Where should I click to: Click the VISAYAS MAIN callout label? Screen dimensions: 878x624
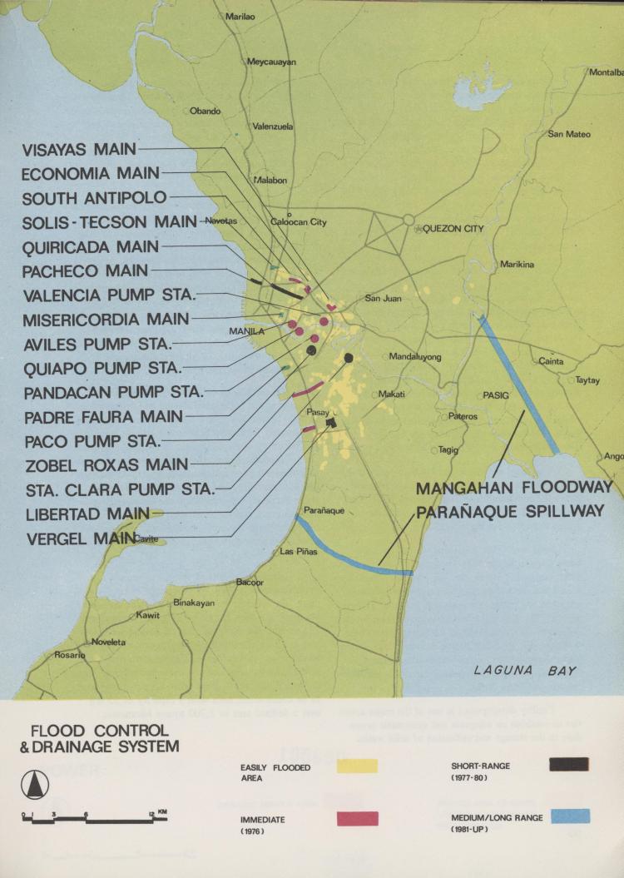[79, 150]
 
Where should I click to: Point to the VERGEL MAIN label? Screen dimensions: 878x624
[81, 538]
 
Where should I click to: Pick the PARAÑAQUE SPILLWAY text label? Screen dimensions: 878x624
[509, 511]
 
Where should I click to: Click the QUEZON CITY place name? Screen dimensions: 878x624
[453, 229]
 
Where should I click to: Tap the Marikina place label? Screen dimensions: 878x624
[517, 265]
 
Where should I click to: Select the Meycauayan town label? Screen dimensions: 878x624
[271, 62]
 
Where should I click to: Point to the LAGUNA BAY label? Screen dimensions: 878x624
[524, 670]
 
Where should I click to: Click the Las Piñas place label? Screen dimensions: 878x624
[299, 551]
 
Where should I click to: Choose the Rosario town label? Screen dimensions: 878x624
[69, 655]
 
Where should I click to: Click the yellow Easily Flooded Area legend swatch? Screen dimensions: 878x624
[357, 766]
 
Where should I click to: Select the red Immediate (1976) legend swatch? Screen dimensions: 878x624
[357, 818]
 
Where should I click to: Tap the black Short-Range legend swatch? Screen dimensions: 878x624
[569, 764]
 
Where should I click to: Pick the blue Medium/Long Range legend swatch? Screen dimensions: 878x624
[569, 816]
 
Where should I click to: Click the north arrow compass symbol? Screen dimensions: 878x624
[35, 783]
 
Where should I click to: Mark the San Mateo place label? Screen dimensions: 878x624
[568, 134]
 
